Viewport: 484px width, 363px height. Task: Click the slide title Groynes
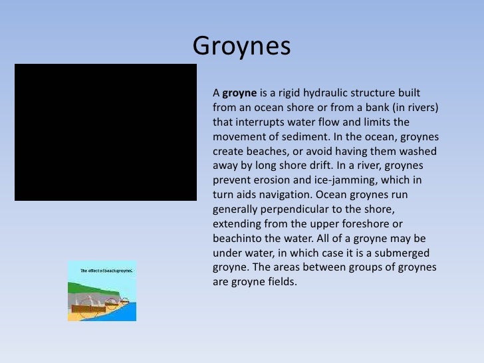tap(241, 47)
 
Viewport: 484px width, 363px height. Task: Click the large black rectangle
tap(106, 132)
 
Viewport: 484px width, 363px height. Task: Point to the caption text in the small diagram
tap(106, 271)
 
